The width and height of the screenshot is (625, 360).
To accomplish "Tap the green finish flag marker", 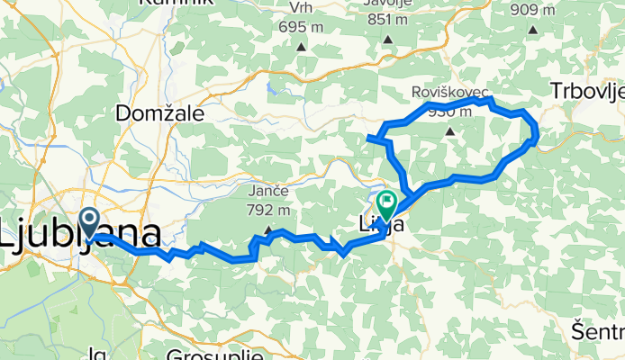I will click(388, 203).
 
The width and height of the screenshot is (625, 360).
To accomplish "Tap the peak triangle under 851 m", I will click(387, 40).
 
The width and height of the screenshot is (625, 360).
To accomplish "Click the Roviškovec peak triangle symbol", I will click(450, 131).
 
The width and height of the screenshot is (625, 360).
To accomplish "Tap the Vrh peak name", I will click(300, 8).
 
